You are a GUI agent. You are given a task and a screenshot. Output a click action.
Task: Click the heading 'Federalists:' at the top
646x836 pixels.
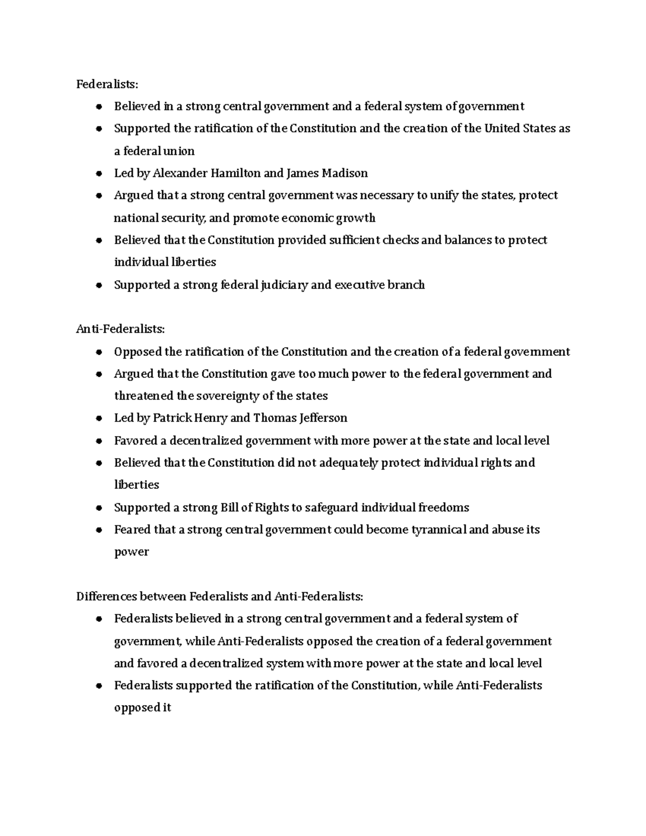107,84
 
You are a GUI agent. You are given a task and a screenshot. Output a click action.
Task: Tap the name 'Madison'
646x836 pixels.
345,173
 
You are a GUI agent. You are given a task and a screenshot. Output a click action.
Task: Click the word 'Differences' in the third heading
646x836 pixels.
106,596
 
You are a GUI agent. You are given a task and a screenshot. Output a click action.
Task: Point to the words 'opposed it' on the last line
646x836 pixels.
142,707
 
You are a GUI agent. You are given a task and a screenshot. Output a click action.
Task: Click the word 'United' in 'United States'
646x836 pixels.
502,128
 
